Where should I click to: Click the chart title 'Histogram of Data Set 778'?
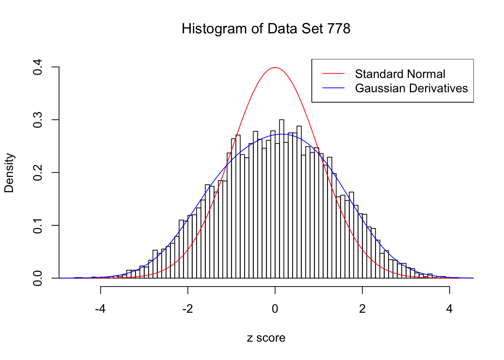pos(266,29)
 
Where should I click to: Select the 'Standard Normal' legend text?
pos(400,74)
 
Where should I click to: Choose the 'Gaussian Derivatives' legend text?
pos(411,88)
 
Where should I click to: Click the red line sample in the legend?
pos(333,74)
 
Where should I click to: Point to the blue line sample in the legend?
pos(333,88)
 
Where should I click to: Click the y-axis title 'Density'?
pos(9,173)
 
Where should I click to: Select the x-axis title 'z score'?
pos(266,338)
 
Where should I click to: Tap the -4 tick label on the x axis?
pos(100,309)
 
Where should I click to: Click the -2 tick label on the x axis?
pos(187,309)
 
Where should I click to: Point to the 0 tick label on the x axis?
pos(275,309)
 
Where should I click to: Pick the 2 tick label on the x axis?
pos(362,309)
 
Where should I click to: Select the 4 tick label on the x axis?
pos(449,309)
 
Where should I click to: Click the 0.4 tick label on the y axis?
pos(38,67)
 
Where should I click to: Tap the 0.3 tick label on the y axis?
pos(38,120)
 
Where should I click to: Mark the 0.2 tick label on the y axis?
pos(38,173)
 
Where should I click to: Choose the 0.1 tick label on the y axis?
pos(38,225)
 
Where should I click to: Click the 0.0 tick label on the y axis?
pos(38,278)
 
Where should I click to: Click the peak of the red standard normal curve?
pos(275,67)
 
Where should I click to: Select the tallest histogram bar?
pos(282,199)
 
